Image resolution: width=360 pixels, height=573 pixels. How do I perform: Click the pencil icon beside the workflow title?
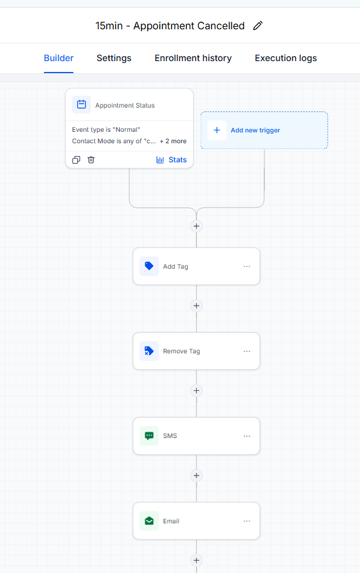[258, 25]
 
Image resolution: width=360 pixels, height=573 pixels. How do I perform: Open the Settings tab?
[114, 58]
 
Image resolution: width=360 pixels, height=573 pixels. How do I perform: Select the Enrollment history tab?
[193, 58]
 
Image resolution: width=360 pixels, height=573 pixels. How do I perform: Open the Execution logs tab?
[285, 58]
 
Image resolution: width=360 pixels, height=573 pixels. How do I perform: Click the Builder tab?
[59, 58]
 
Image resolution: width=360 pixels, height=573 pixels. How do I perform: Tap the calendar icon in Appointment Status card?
[82, 105]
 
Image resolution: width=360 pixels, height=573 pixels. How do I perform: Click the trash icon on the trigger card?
[91, 160]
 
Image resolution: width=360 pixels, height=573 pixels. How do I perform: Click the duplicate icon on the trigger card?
[76, 160]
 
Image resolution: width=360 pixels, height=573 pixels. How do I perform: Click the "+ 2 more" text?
[173, 141]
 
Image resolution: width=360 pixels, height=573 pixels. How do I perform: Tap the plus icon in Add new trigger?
[217, 130]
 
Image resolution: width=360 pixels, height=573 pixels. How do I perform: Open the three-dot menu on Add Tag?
[247, 266]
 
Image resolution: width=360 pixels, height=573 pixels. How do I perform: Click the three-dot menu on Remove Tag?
[247, 351]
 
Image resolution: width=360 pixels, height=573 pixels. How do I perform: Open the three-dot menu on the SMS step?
[247, 436]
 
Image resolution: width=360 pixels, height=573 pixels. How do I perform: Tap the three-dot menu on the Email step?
[247, 521]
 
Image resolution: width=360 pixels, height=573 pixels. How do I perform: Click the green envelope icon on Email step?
[149, 521]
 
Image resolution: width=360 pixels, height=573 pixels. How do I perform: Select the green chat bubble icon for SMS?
[149, 436]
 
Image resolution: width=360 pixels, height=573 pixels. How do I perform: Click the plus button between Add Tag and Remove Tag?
[196, 306]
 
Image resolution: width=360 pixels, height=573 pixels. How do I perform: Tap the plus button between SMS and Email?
[196, 476]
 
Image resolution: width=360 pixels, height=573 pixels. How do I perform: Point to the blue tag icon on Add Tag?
[149, 266]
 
